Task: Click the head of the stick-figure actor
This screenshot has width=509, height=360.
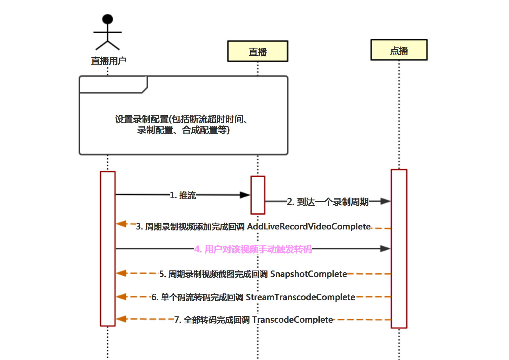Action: [x=108, y=19]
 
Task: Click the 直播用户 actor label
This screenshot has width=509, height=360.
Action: [x=109, y=61]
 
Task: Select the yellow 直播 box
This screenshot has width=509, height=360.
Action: [x=258, y=51]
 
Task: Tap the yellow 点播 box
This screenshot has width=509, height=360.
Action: [x=399, y=50]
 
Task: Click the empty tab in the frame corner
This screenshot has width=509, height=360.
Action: [x=113, y=84]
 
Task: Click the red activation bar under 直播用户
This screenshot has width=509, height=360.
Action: [x=108, y=249]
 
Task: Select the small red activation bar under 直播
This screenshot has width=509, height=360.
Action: [x=258, y=195]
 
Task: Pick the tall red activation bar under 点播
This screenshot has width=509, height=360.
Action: [x=399, y=249]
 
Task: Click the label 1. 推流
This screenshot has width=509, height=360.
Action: [x=183, y=195]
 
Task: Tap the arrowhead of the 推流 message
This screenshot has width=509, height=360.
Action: [x=245, y=195]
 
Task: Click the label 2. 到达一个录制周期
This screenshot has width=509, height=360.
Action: [x=328, y=202]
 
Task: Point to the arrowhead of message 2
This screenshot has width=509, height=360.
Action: [x=385, y=201]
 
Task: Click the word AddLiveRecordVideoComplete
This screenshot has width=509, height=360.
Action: [x=309, y=226]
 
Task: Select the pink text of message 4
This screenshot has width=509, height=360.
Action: [x=253, y=249]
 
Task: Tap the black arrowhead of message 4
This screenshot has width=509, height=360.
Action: [x=385, y=249]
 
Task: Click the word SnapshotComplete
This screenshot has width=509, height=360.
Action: [x=308, y=274]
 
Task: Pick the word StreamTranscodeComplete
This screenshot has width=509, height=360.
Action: [x=300, y=297]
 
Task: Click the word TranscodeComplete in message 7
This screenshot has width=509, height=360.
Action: [x=292, y=320]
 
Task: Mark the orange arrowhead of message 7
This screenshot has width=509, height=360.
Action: [x=121, y=319]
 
